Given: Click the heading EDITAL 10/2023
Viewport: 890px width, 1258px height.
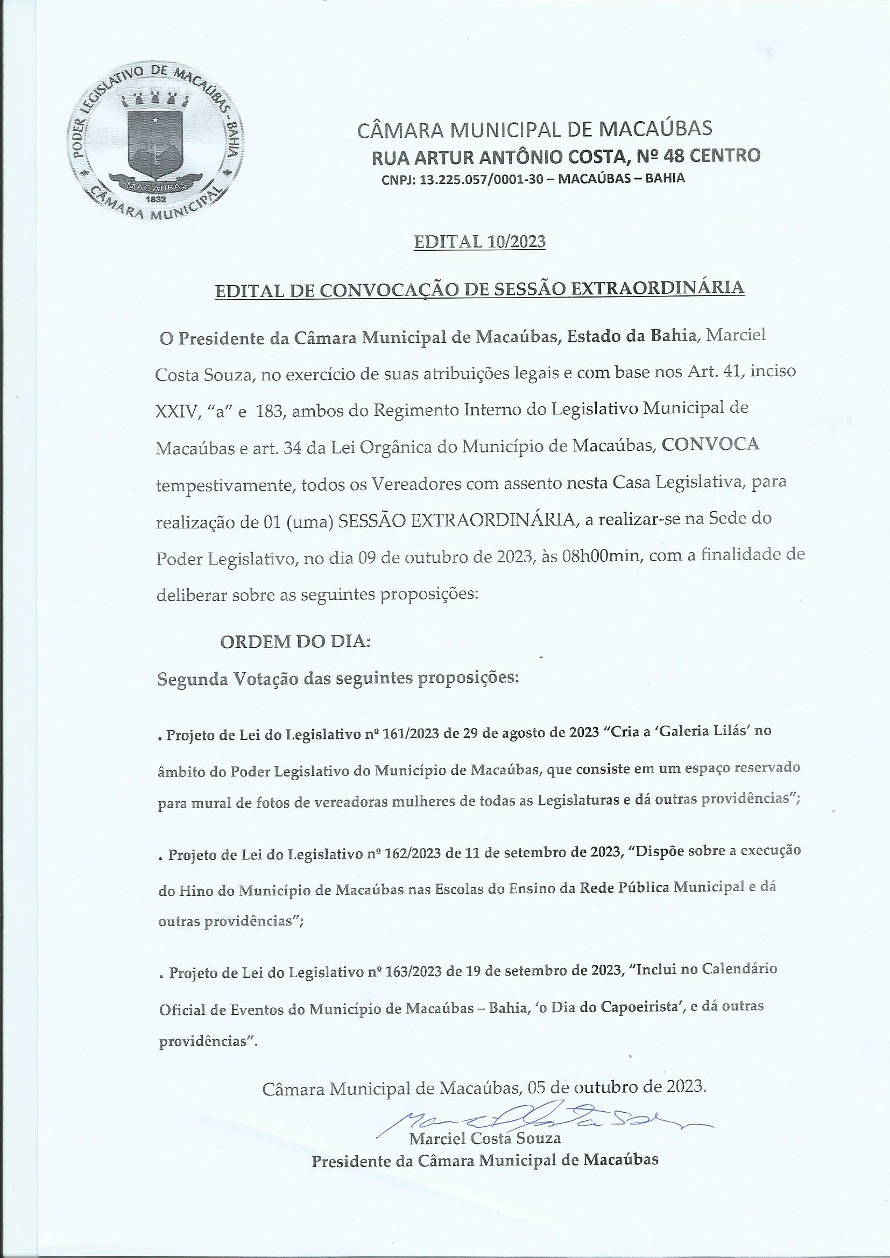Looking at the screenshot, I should point(479,242).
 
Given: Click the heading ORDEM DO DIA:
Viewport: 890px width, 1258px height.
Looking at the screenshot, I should point(295,642).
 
